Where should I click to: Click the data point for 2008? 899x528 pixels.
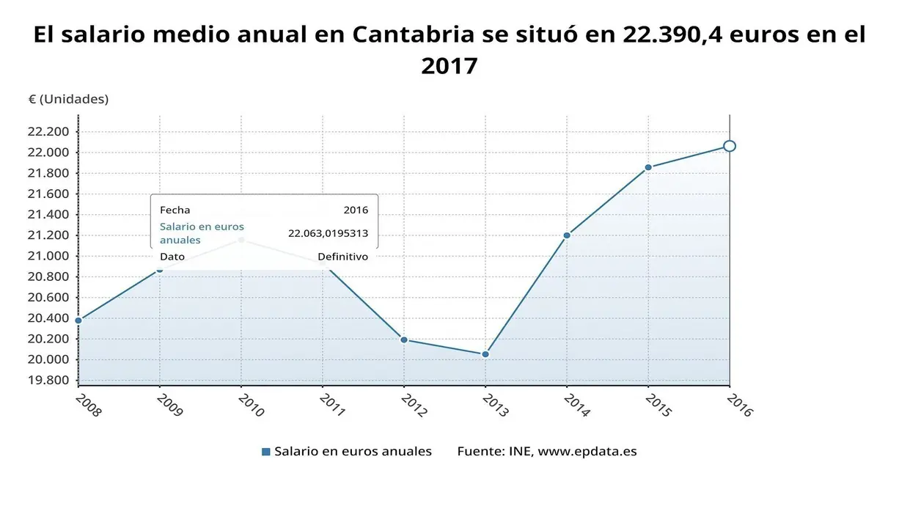click(x=78, y=320)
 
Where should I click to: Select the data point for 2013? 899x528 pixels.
click(x=485, y=354)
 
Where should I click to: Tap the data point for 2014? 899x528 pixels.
click(x=567, y=235)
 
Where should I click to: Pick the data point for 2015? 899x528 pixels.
click(x=648, y=167)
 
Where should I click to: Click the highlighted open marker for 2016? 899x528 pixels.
click(x=729, y=146)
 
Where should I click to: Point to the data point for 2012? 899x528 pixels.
click(x=403, y=340)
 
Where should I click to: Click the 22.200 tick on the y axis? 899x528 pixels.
click(x=48, y=132)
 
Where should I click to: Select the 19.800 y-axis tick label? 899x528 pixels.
click(x=48, y=380)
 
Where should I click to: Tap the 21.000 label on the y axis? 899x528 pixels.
click(x=48, y=256)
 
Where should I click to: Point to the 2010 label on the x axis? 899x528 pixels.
click(x=251, y=405)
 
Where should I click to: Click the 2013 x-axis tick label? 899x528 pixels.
click(x=495, y=405)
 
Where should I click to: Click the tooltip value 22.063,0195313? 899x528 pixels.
click(x=328, y=233)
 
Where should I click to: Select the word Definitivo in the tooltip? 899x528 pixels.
click(x=342, y=257)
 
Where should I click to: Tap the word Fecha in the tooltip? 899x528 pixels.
click(x=175, y=210)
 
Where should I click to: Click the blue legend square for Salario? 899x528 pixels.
click(x=266, y=452)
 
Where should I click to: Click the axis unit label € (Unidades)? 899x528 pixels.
click(x=68, y=99)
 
